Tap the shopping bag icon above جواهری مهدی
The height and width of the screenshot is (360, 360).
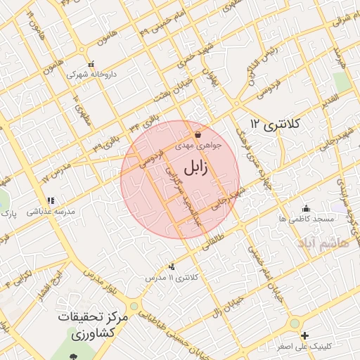[x=198, y=134]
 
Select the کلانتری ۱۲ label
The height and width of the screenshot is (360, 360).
[x=276, y=124]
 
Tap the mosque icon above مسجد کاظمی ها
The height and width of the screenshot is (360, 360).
[x=306, y=208]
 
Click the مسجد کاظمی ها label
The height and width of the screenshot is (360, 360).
[x=306, y=219]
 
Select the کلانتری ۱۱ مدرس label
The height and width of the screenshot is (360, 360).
[x=172, y=278]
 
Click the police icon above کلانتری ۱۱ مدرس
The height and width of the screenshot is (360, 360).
[x=172, y=266]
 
